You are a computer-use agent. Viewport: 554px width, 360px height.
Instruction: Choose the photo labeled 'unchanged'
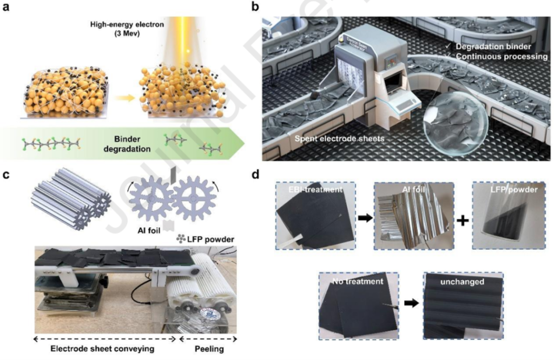point(463,305)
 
